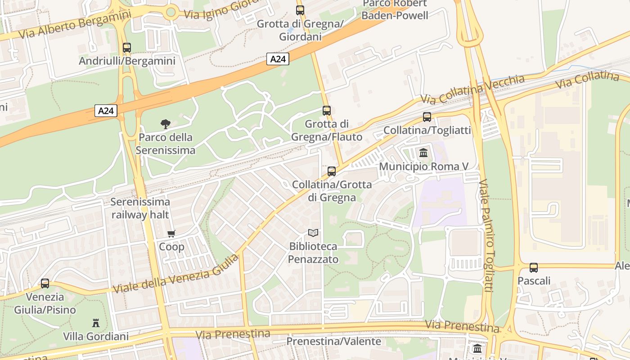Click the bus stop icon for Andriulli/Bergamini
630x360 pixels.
(127, 47)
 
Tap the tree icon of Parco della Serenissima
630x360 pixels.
(166, 124)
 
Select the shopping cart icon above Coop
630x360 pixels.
(171, 234)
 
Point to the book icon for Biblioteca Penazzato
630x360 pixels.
(313, 233)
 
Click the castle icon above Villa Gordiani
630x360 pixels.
(95, 323)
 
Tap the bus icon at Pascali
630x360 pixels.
(534, 268)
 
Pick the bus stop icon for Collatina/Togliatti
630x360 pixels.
(427, 117)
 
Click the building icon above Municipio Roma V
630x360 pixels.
(423, 153)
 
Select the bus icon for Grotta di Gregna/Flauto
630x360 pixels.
(327, 110)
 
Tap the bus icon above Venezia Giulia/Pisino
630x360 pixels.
(45, 283)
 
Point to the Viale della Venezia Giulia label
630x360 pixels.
(175, 274)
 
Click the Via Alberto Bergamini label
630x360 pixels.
(75, 24)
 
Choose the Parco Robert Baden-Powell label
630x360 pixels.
(395, 10)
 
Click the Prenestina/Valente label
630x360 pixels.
(334, 342)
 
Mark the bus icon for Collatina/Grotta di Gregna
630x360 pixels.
(332, 171)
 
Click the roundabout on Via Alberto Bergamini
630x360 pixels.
(171, 12)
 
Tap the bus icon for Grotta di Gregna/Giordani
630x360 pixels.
(300, 10)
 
